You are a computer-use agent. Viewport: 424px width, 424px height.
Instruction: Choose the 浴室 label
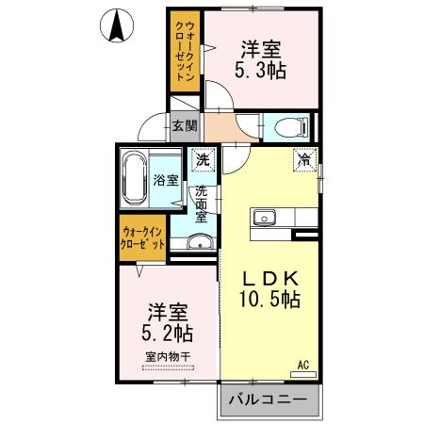click(x=166, y=180)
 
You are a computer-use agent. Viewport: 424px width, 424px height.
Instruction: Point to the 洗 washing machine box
click(x=202, y=160)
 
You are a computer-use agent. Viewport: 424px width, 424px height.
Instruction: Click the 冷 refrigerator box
click(x=304, y=160)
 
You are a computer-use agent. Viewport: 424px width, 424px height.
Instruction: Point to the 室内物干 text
click(x=168, y=356)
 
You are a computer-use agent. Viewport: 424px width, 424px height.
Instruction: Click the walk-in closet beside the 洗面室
click(x=143, y=238)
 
